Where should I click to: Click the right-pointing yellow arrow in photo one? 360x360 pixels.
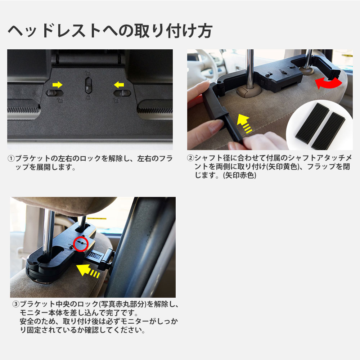click(57, 85)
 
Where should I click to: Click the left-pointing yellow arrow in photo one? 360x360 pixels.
click(119, 85)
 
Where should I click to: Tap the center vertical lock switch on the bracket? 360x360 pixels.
click(89, 85)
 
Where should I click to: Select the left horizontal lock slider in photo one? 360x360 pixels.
click(55, 93)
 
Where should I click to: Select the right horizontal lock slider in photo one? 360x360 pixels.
click(122, 93)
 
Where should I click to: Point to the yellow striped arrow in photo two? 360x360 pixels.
click(245, 123)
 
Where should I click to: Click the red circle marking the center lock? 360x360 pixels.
click(81, 244)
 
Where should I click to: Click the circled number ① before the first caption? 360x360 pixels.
click(11, 159)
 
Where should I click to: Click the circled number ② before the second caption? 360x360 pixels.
click(190, 158)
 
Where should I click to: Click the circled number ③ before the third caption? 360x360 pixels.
click(15, 304)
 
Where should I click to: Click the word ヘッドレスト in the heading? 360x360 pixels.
click(54, 31)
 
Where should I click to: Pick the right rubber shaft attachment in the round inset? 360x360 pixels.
click(328, 130)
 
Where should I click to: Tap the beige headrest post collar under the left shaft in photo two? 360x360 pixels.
click(249, 91)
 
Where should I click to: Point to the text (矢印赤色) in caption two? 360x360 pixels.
click(239, 176)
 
